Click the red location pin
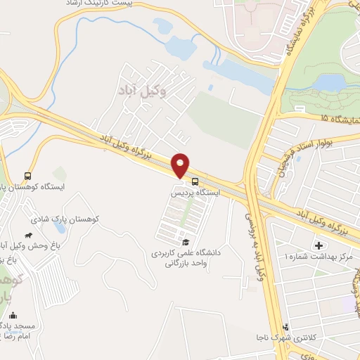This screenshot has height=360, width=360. (x=181, y=165)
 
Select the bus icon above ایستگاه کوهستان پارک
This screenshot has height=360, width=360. (x=27, y=175)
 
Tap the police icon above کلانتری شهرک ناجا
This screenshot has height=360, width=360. (x=285, y=326)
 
